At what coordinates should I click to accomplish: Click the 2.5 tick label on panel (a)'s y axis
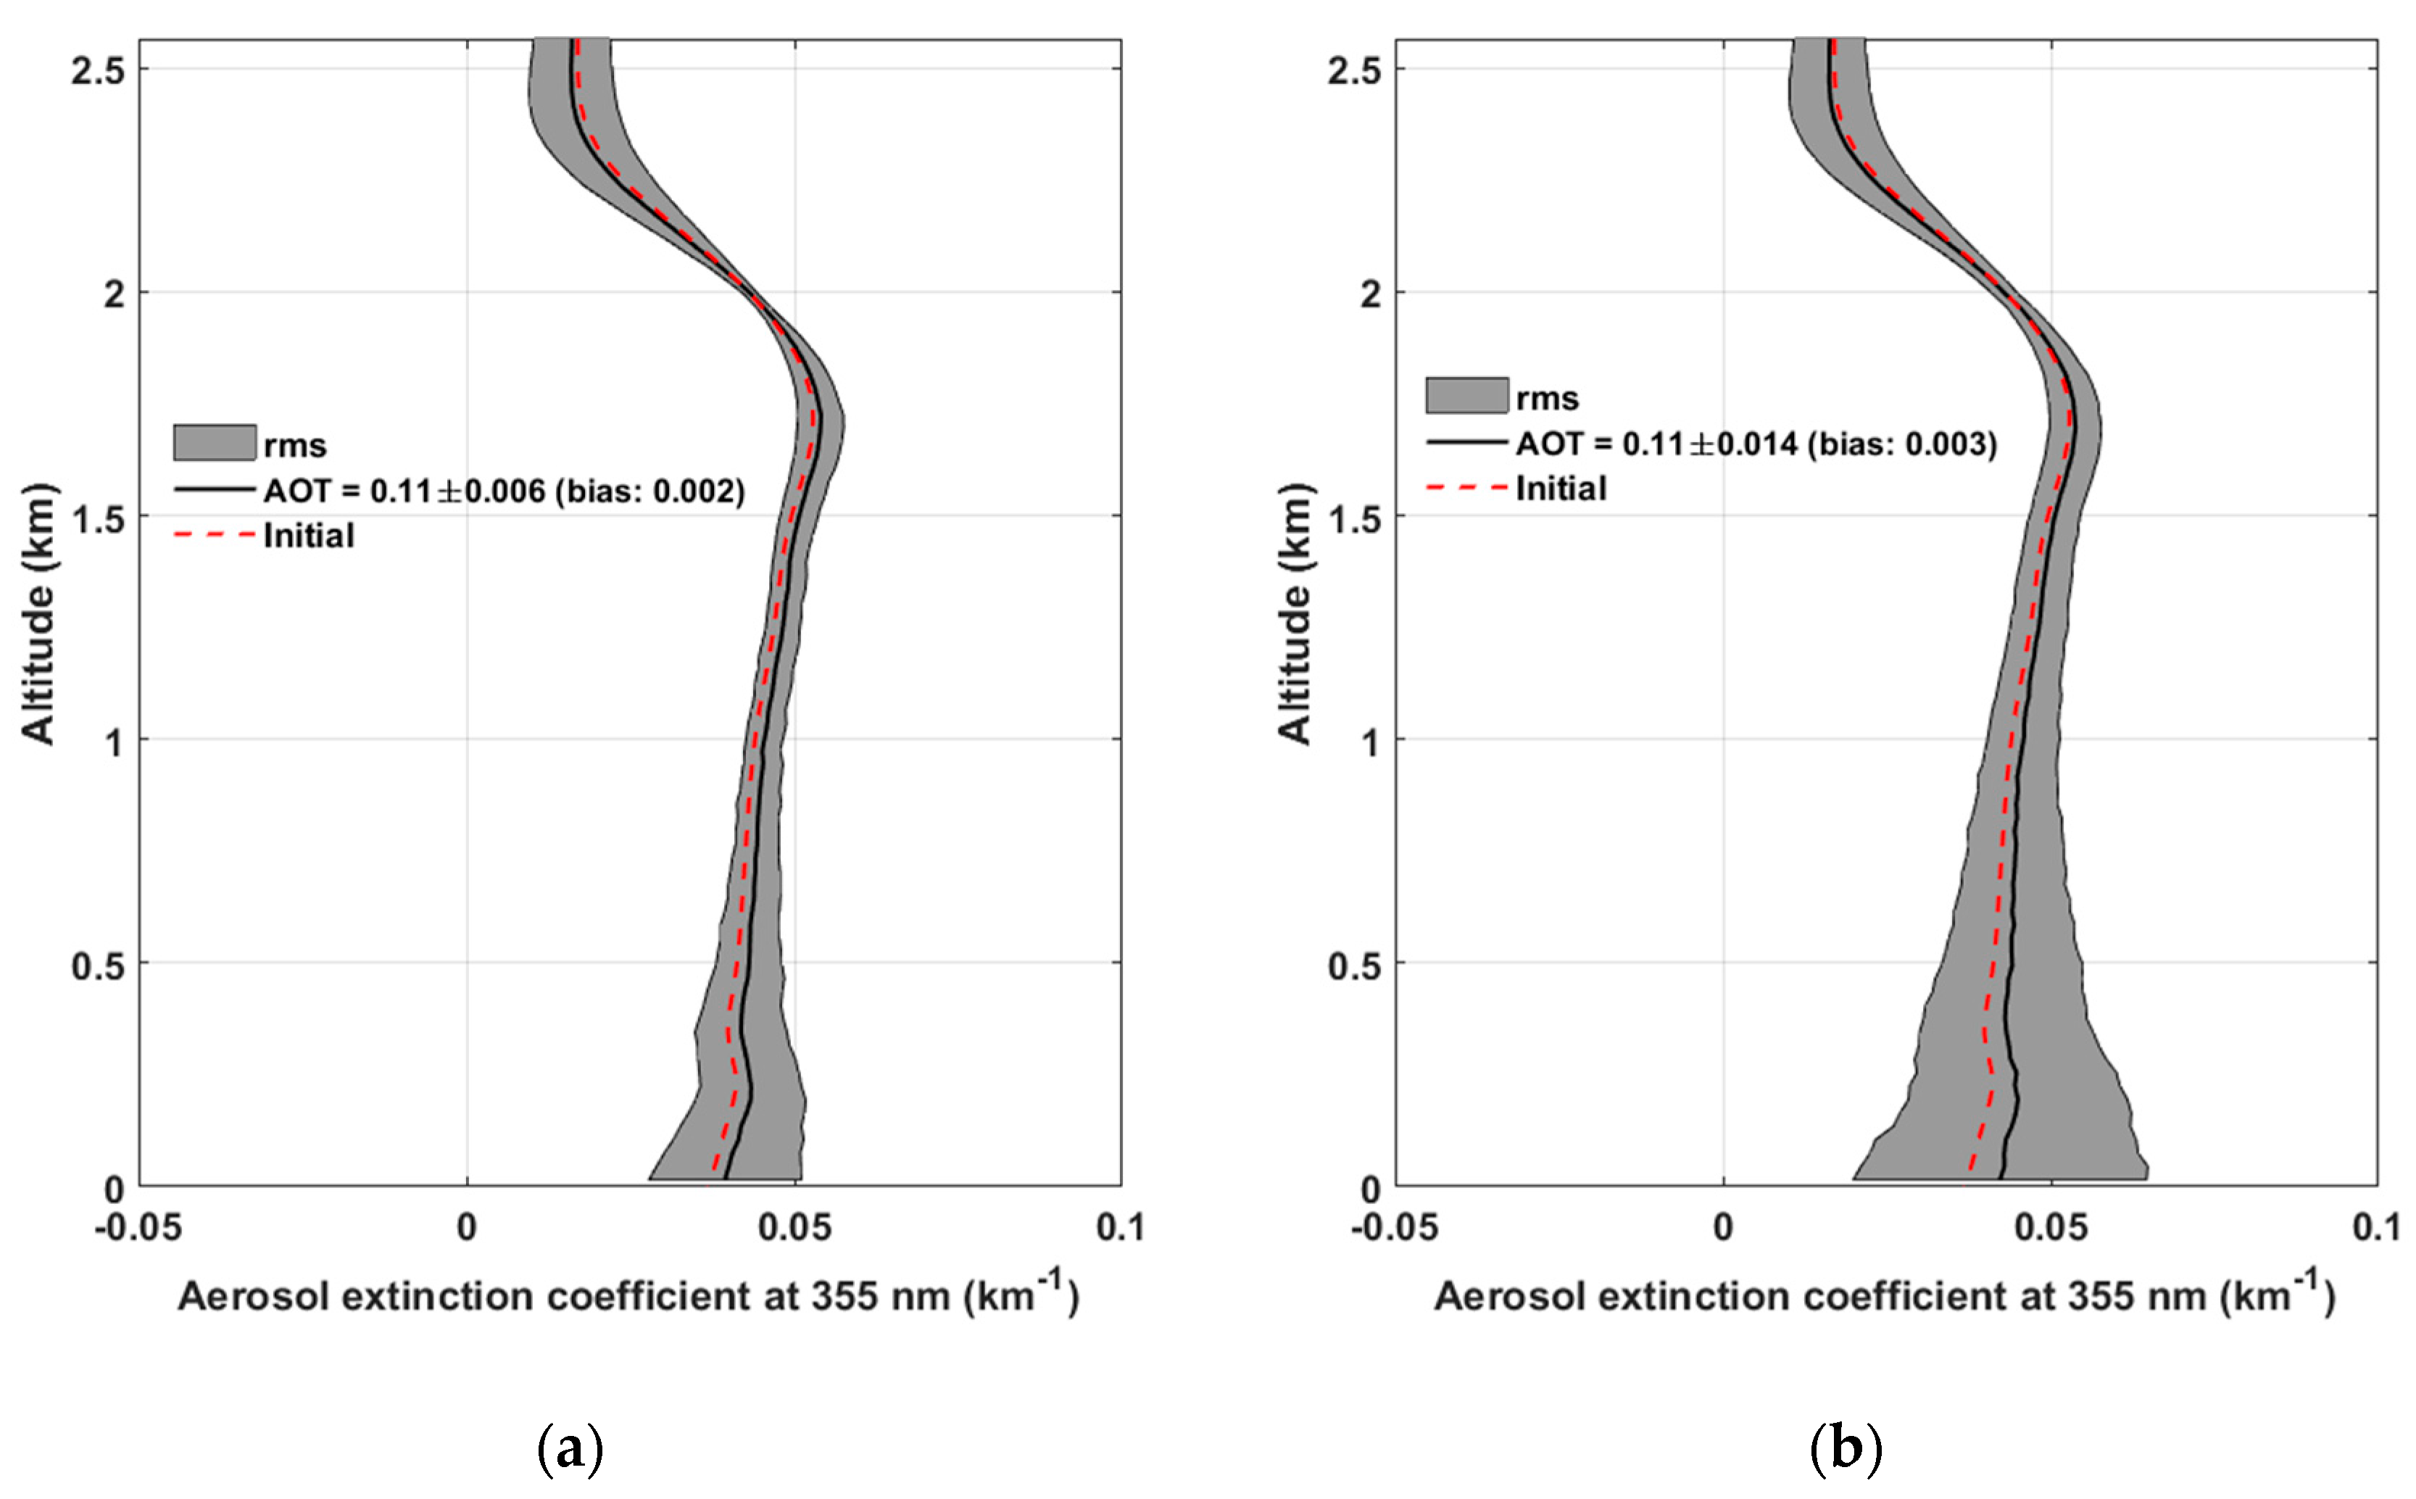click(x=97, y=70)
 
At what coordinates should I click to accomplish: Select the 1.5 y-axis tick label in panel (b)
click(x=1354, y=518)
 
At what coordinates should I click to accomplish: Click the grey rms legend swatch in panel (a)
click(x=214, y=443)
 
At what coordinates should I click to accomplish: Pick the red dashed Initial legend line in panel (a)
click(x=214, y=536)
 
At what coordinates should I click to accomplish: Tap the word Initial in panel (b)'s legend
click(x=1561, y=489)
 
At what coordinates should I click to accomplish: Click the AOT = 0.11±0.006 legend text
click(x=504, y=491)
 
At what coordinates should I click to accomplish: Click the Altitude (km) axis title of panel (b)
click(x=1294, y=614)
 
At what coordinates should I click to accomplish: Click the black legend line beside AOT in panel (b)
click(x=1466, y=442)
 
